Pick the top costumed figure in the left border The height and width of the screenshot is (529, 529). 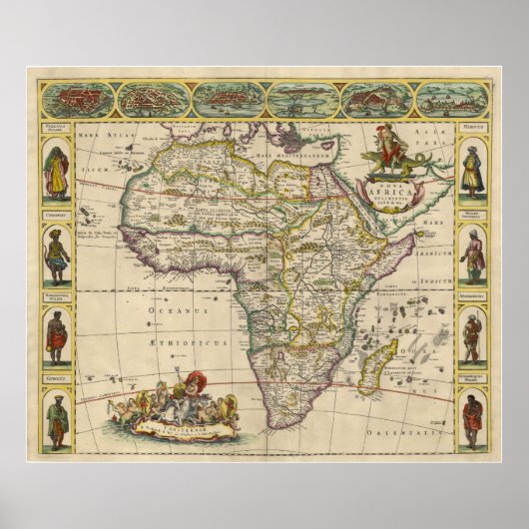tap(57, 172)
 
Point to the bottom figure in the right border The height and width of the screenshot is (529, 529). tap(472, 420)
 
